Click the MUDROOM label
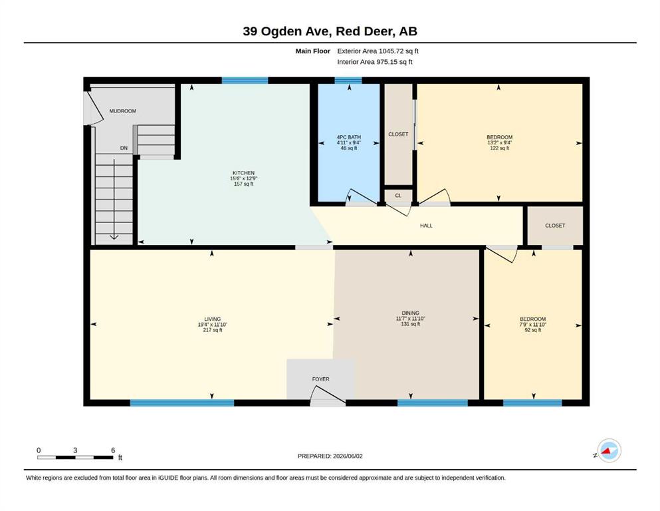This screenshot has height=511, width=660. coord(122,111)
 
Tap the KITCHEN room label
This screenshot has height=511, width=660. coord(243,173)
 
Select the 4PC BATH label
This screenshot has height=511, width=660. coord(348,137)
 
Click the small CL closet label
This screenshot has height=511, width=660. coord(398,196)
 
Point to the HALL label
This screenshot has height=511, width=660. coord(426,226)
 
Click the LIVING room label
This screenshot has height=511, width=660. coord(213,319)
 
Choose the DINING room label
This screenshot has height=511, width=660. coord(410,313)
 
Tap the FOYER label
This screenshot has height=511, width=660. coord(321,379)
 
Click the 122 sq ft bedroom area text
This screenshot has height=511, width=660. coord(500,148)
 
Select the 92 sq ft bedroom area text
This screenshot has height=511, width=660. coord(533,330)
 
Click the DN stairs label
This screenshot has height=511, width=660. coord(124,148)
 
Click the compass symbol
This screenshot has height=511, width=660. coord(608,450)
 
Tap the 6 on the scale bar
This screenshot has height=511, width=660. coord(113,450)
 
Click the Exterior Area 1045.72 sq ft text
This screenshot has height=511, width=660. coord(378,51)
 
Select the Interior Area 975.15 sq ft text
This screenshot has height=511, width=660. coord(375,62)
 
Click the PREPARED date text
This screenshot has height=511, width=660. coord(330,456)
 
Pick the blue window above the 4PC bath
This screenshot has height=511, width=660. coord(348,81)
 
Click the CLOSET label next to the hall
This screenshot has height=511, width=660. coord(555,226)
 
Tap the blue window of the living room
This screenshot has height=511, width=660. coord(182,403)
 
